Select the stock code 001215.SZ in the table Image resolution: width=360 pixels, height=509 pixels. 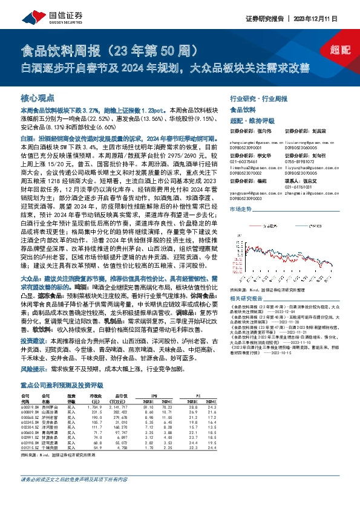(30, 466)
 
